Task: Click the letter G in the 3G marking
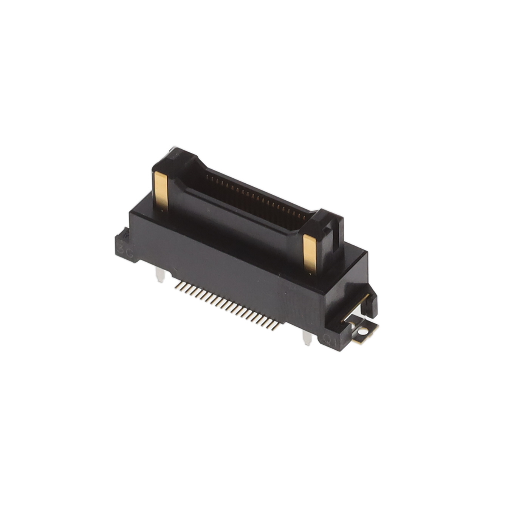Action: coord(130,254)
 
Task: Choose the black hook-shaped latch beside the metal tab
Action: coord(370,302)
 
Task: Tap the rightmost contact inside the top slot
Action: coord(305,217)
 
